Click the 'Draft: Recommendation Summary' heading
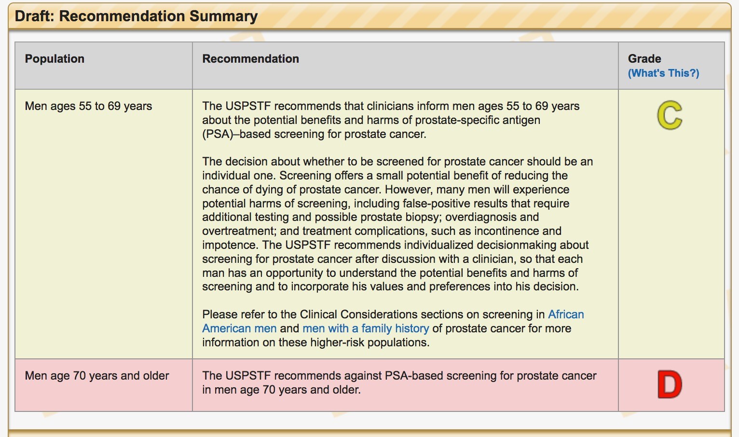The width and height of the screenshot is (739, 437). point(136,16)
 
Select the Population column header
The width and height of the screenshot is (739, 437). point(55,59)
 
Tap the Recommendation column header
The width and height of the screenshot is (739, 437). point(251,59)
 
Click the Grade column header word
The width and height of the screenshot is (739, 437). point(644,59)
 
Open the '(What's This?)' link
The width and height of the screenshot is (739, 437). point(663,73)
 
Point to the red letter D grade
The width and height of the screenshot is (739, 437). point(670,384)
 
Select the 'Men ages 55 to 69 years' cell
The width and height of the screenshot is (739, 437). point(88,106)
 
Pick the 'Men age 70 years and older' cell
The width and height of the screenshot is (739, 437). point(97,376)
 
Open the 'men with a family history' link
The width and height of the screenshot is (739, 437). point(366,328)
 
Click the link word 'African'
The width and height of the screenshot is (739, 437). point(566,314)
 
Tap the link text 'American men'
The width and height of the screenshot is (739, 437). point(239,328)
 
